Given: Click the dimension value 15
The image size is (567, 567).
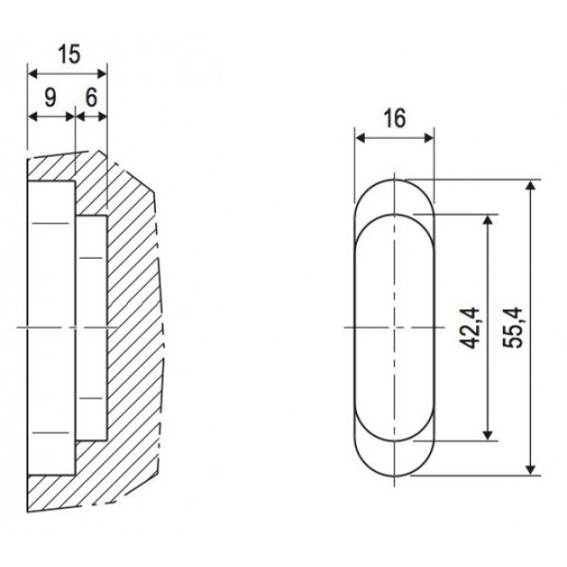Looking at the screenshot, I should [x=66, y=55].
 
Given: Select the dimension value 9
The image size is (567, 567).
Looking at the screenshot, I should [x=51, y=96].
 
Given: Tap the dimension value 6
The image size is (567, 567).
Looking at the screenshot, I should [x=91, y=96].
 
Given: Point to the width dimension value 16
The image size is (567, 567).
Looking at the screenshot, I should [x=395, y=118].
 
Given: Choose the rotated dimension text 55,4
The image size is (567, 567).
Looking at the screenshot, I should [x=513, y=326].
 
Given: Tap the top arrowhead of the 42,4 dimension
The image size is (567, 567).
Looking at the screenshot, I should [x=489, y=218].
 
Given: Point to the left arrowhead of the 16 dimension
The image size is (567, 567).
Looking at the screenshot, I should [x=359, y=138].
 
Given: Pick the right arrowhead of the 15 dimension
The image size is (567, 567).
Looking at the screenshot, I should [x=103, y=73].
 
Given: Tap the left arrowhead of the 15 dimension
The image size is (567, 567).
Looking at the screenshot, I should [x=32, y=73].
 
